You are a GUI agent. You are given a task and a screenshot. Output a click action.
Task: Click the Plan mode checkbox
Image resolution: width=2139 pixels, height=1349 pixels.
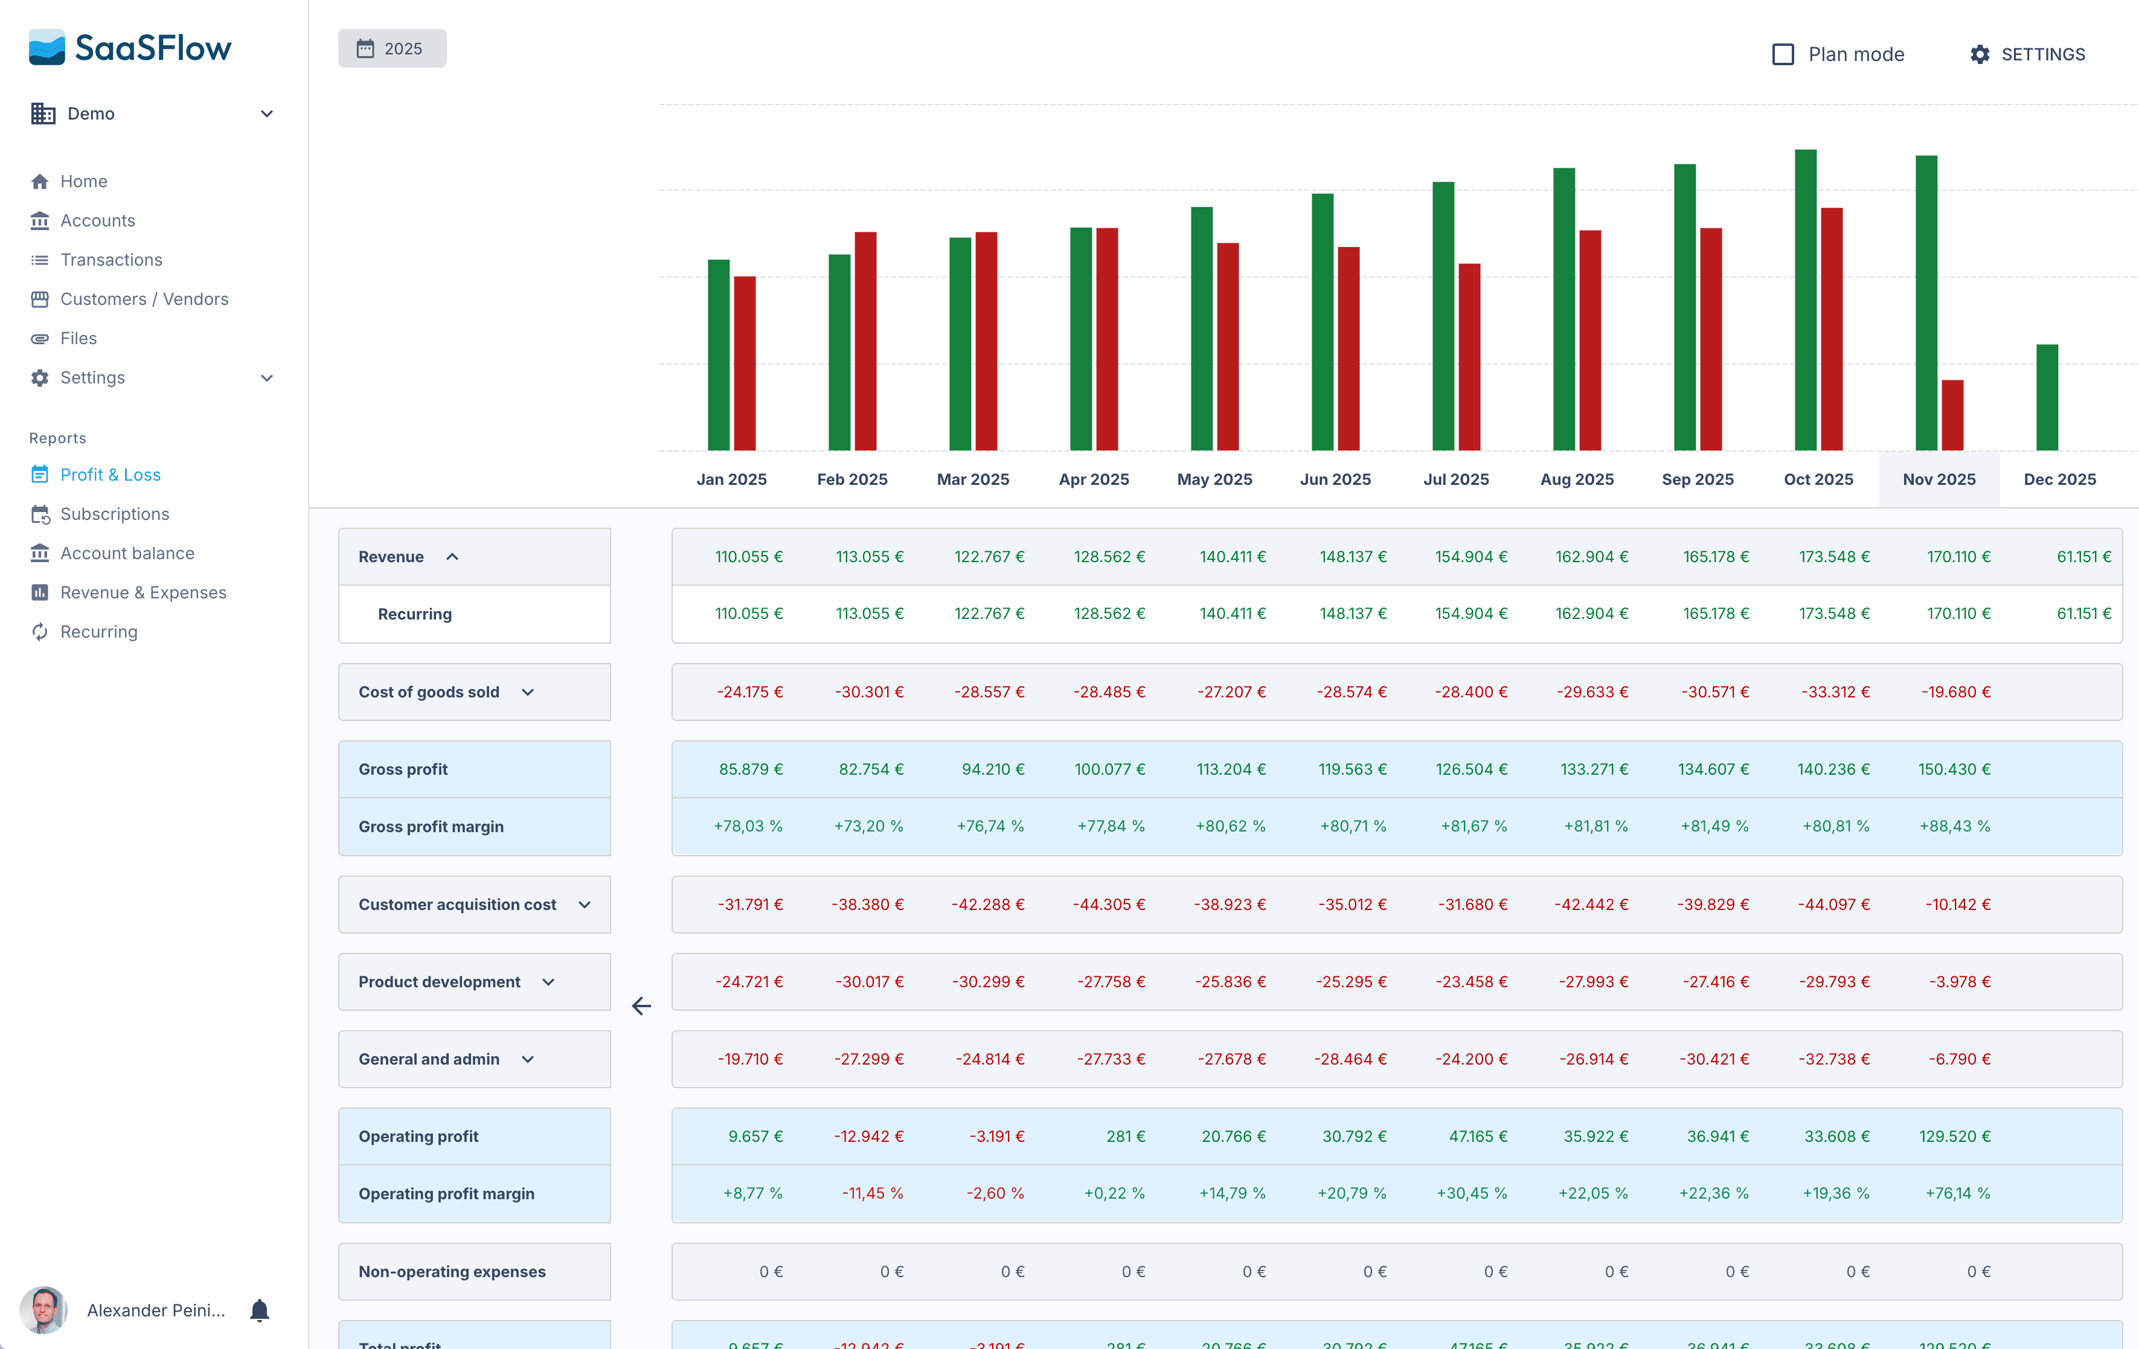[1782, 54]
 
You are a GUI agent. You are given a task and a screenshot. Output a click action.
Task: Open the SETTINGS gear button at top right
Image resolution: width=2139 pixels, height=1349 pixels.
[2027, 54]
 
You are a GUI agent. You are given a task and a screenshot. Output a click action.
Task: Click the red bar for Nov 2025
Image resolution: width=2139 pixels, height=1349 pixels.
[1952, 415]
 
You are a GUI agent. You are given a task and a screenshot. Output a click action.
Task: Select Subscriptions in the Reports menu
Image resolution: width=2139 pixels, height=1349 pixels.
[115, 513]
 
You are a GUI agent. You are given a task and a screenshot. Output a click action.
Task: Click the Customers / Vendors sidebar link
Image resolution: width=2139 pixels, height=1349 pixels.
[144, 298]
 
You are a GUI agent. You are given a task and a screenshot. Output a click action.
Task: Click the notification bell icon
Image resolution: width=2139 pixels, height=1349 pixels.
[260, 1310]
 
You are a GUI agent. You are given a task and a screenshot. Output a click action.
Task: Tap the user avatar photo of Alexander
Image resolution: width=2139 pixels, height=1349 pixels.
[43, 1310]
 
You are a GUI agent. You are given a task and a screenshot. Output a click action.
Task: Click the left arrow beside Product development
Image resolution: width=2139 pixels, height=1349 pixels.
[641, 1005]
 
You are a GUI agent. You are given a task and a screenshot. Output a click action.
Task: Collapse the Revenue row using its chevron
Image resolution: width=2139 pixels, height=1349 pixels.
[452, 557]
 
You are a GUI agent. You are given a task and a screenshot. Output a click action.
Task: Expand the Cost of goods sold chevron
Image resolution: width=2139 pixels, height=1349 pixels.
[528, 692]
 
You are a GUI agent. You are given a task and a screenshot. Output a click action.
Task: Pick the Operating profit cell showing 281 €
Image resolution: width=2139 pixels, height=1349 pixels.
[1124, 1136]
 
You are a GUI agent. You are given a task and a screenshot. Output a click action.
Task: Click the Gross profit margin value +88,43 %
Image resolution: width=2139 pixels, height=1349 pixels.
[1954, 826]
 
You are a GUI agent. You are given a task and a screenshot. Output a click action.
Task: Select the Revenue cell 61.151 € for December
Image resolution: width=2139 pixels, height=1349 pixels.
[2083, 557]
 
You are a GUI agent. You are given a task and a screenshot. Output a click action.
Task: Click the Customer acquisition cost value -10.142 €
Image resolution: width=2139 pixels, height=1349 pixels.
[1957, 904]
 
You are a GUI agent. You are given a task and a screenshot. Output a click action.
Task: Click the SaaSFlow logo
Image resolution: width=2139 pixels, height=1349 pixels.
[130, 48]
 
